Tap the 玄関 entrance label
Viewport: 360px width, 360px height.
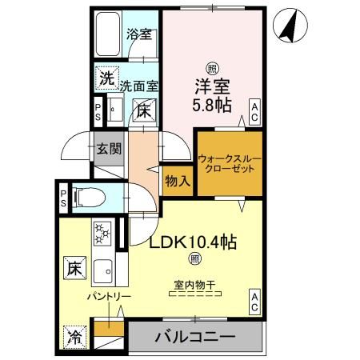pyautogui.click(x=109, y=150)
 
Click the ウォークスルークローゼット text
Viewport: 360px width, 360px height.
pyautogui.click(x=229, y=165)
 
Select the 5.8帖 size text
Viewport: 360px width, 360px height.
pyautogui.click(x=212, y=104)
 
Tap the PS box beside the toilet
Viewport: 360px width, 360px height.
pyautogui.click(x=62, y=195)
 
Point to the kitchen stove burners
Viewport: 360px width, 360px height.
pyautogui.click(x=102, y=234)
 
